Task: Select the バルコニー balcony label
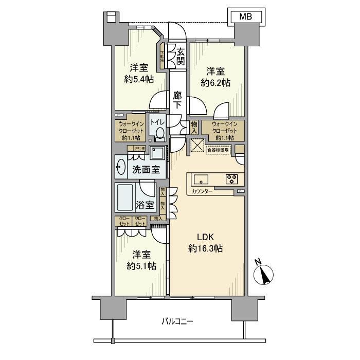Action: [177, 322]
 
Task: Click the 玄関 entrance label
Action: [181, 57]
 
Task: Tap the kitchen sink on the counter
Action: [201, 179]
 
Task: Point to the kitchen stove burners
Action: [231, 179]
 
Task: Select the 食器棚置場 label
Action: [219, 150]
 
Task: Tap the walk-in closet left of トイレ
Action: [130, 131]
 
